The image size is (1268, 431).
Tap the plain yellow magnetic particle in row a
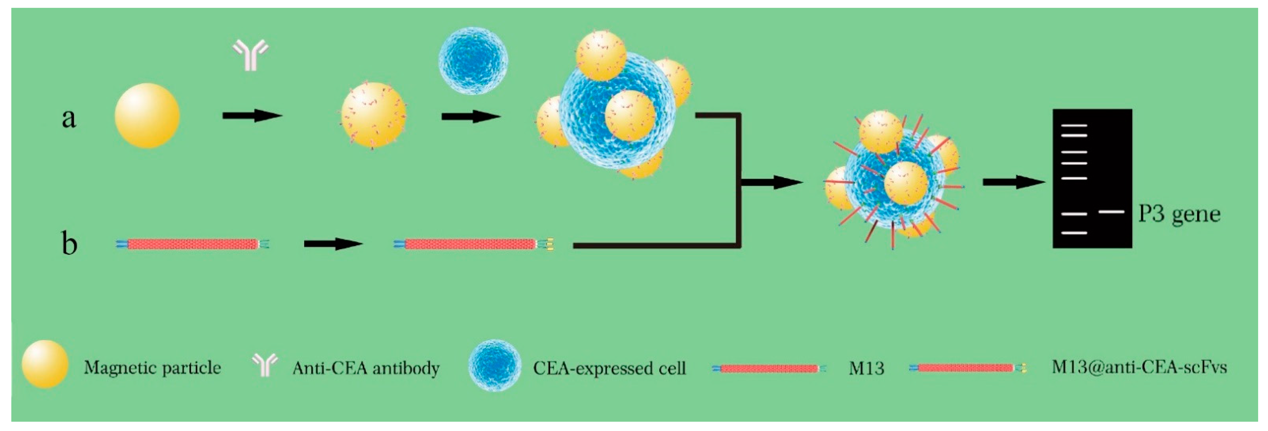[147, 116]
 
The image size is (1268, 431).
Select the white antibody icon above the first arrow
[251, 55]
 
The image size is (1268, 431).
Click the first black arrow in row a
[252, 116]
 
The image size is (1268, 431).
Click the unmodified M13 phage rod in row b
[192, 244]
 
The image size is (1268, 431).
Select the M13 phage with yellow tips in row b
[473, 244]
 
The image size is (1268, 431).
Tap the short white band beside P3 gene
[1111, 212]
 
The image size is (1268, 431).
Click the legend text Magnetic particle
[152, 367]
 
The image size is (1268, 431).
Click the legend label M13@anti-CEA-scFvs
[1139, 367]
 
